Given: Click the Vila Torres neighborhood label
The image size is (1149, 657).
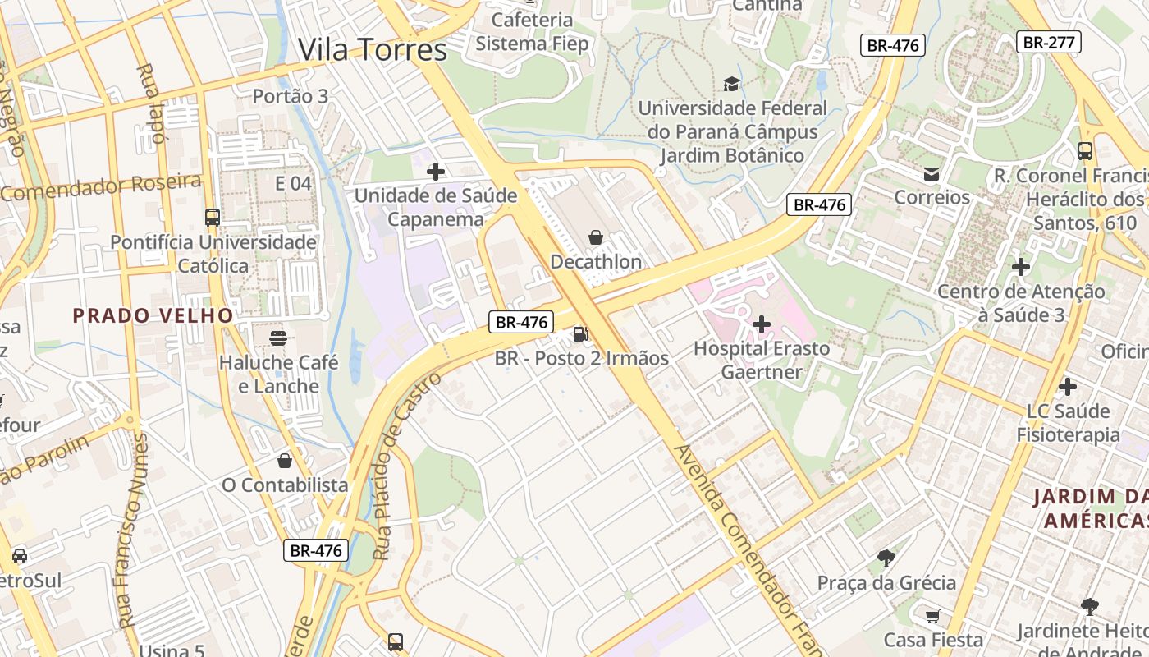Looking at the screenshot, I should [373, 50].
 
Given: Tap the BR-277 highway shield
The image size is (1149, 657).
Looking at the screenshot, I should [1048, 42].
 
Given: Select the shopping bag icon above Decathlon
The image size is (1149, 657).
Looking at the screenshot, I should [596, 237].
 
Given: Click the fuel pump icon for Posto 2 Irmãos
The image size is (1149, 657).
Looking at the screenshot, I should [580, 333].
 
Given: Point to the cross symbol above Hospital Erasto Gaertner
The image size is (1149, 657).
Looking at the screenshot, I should [761, 324].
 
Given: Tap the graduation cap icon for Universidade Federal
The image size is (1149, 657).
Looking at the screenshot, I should [731, 83].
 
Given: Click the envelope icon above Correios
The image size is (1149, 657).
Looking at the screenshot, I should [932, 173].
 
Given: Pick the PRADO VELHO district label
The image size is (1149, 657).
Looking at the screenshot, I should [153, 315].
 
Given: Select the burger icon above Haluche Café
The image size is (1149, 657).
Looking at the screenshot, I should [278, 338].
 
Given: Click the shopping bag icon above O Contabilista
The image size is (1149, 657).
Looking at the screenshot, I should [285, 461].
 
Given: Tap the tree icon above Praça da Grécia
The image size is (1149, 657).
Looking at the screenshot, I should [886, 558].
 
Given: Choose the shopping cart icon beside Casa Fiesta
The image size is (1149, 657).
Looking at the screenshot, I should [932, 615].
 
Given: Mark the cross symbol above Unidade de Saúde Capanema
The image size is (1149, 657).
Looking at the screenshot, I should [436, 172].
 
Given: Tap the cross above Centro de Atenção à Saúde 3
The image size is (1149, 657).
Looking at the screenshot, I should [1021, 267].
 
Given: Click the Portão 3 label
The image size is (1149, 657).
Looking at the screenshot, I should [290, 96].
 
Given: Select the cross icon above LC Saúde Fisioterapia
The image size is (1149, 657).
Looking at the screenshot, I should [1068, 386].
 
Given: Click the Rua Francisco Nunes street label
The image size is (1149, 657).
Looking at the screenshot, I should [135, 531].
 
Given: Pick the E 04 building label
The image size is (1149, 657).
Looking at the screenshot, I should [293, 183].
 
